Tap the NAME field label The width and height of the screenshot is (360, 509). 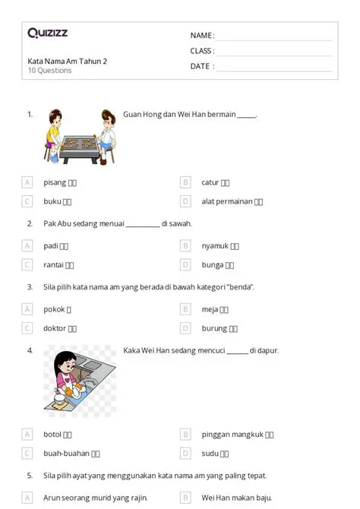(202, 36)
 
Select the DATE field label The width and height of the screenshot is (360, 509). (202, 66)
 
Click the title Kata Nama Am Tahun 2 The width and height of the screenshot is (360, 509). (67, 61)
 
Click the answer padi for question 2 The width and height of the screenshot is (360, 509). (52, 245)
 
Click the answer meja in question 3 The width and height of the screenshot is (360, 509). (210, 309)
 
